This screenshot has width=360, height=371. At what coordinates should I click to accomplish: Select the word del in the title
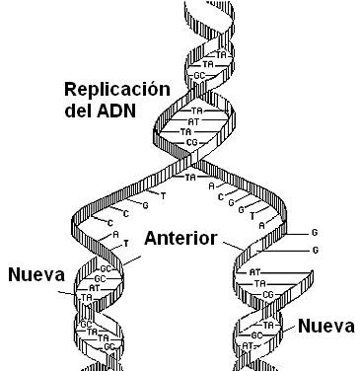coord(78,112)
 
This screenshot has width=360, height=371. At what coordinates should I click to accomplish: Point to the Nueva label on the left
coord(36,273)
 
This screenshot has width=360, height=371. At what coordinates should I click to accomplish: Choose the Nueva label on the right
coord(325,326)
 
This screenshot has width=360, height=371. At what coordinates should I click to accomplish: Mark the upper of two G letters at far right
coord(315,233)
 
